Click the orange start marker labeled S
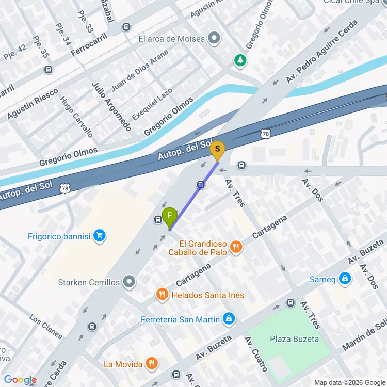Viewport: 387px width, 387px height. (218, 150)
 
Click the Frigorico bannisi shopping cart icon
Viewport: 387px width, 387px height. (100, 236)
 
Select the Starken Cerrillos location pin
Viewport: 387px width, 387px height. (130, 282)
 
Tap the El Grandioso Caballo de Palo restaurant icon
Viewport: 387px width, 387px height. (236, 247)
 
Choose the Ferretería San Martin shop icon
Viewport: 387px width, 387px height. (230, 319)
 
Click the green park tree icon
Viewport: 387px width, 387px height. (240, 61)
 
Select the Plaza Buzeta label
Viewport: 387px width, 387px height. (294, 339)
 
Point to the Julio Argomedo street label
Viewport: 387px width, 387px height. (111, 106)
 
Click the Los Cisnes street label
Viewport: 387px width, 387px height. (46, 326)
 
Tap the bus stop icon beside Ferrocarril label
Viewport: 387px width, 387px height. (126, 27)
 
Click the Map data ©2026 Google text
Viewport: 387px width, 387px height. (349, 382)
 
